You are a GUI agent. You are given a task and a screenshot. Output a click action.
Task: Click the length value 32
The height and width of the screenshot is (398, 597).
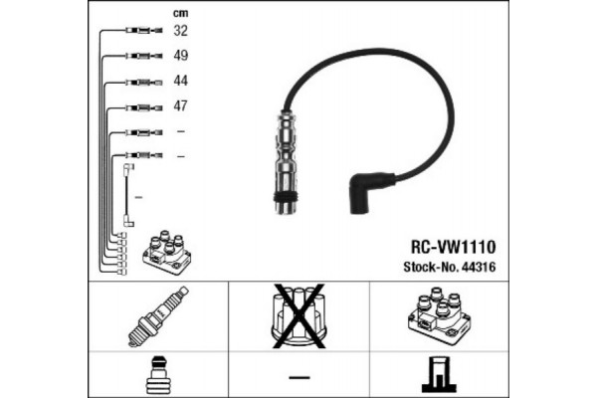pos(180,31)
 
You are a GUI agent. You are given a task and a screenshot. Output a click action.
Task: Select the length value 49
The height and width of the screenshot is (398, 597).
pos(180,56)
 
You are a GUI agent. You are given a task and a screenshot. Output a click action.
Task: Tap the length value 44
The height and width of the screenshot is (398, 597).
pos(180,80)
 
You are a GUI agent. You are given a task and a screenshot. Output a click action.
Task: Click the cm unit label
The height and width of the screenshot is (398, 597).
pos(180,12)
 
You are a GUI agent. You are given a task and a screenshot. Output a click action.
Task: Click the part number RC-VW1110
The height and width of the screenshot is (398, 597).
pos(454,244)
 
